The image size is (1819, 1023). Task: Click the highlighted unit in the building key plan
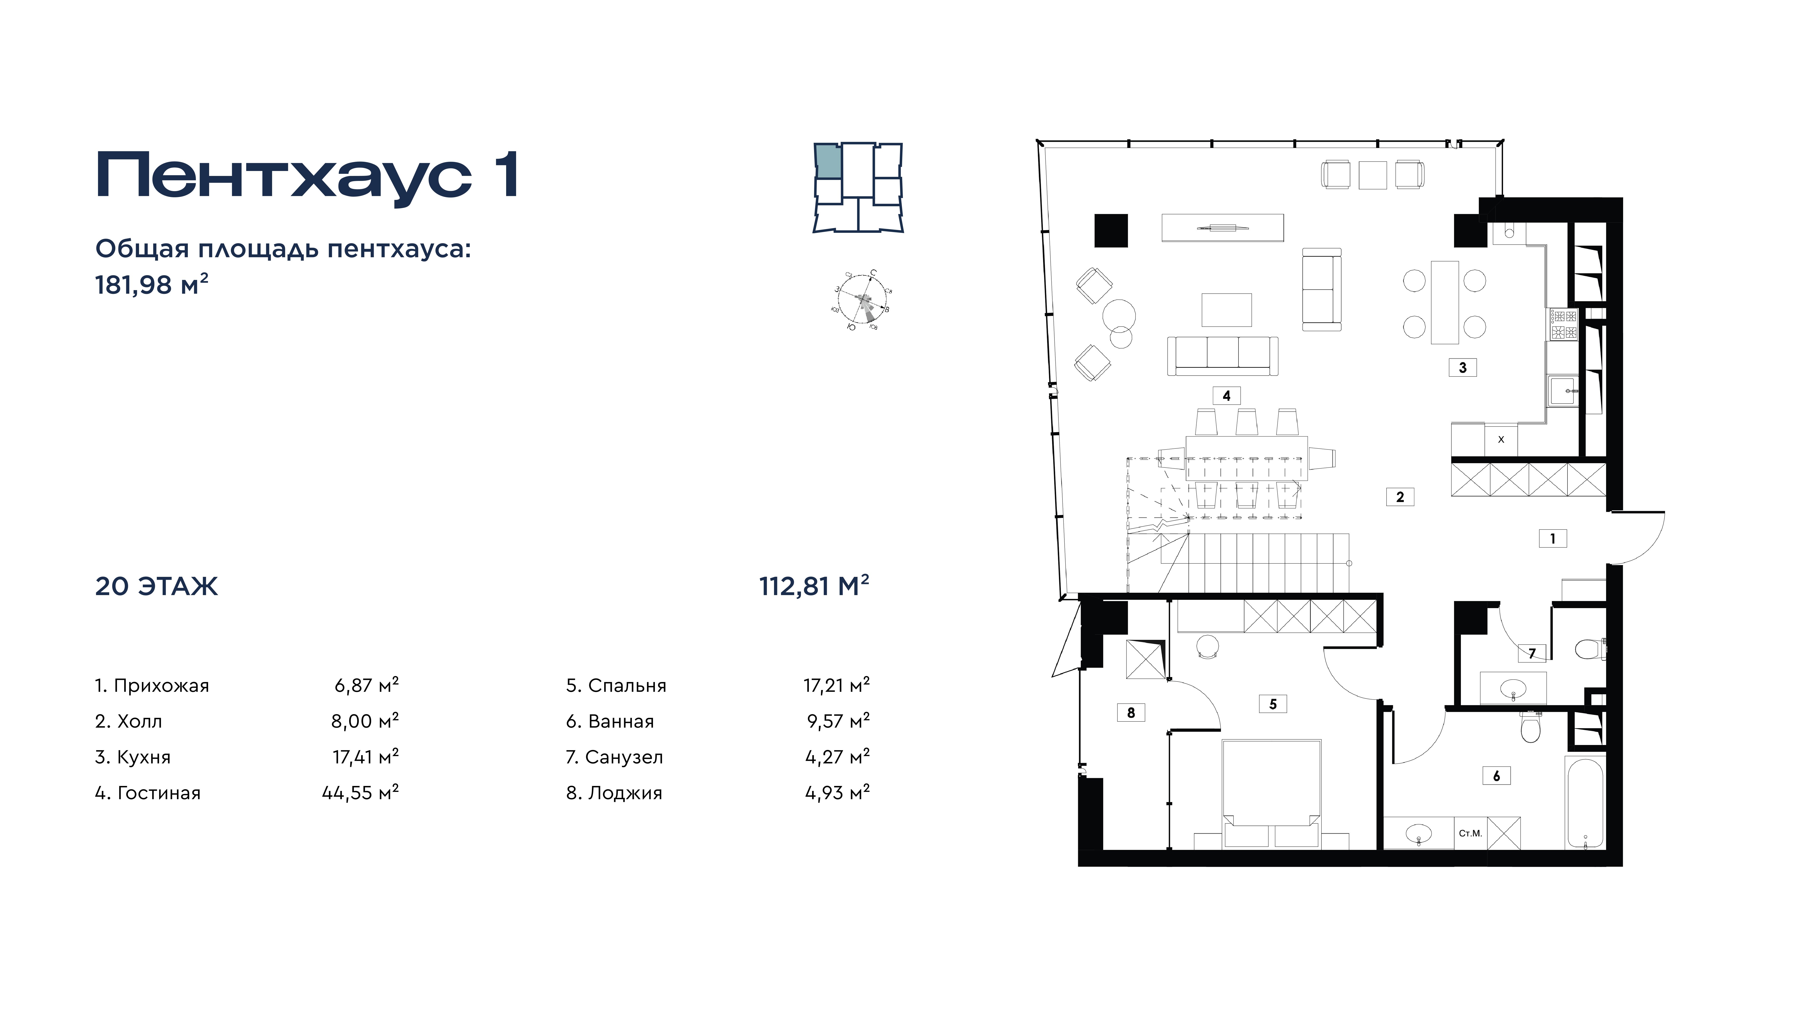(x=828, y=161)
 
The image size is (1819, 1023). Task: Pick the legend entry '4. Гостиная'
(x=148, y=793)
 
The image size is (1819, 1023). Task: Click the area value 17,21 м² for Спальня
(x=837, y=685)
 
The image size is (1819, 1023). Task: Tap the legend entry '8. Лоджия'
(x=614, y=793)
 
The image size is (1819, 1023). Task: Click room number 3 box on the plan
(x=1462, y=367)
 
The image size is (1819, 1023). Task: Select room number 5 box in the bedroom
(x=1273, y=704)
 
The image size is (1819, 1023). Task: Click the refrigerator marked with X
(x=1501, y=439)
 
